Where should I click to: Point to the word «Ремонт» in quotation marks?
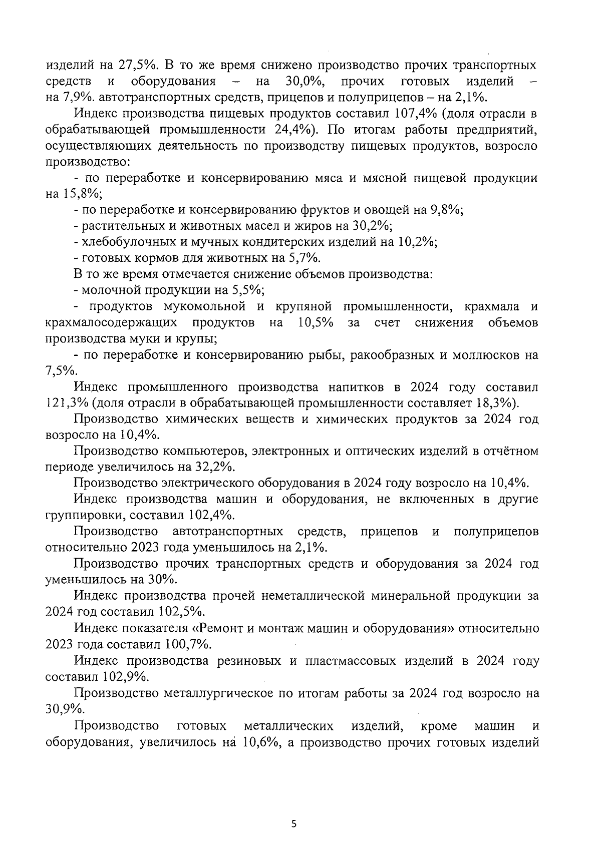(227, 628)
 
